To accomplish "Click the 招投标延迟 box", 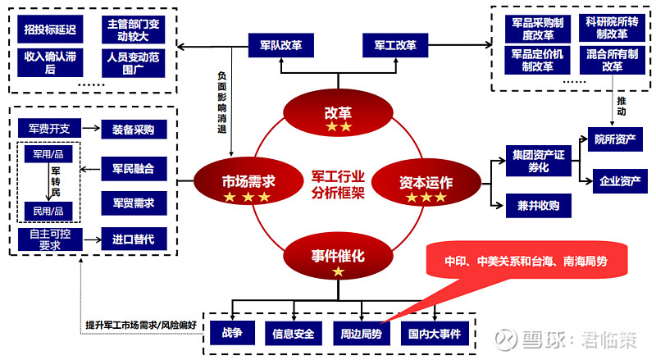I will [51, 30].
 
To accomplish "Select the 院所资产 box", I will [616, 139].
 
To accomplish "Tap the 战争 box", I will [232, 334].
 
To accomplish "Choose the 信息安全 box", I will [293, 334].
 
